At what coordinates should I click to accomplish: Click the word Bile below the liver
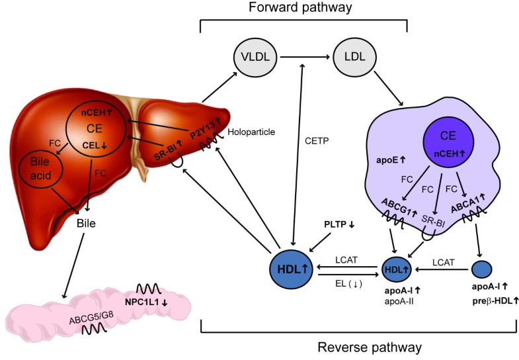87,223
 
